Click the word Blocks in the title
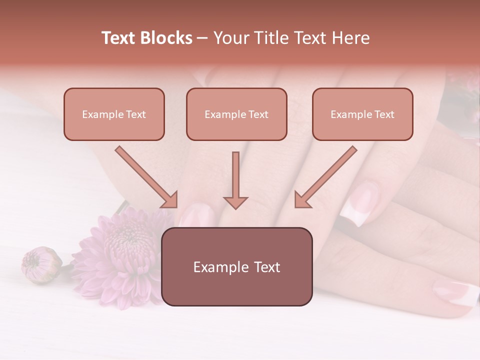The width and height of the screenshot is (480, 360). pyautogui.click(x=166, y=38)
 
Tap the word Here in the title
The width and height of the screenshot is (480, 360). pyautogui.click(x=352, y=38)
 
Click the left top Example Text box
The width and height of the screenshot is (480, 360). pyautogui.click(x=114, y=114)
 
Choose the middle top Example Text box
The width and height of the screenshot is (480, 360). pyautogui.click(x=236, y=114)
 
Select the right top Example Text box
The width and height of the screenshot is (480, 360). pyautogui.click(x=362, y=114)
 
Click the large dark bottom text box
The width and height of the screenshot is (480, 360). pyautogui.click(x=237, y=267)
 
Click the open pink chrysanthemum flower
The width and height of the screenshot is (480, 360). pyautogui.click(x=120, y=255)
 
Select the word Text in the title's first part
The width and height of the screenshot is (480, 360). pyautogui.click(x=118, y=38)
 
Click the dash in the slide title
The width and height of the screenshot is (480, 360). pyautogui.click(x=202, y=38)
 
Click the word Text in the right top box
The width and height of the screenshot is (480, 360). pyautogui.click(x=384, y=114)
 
